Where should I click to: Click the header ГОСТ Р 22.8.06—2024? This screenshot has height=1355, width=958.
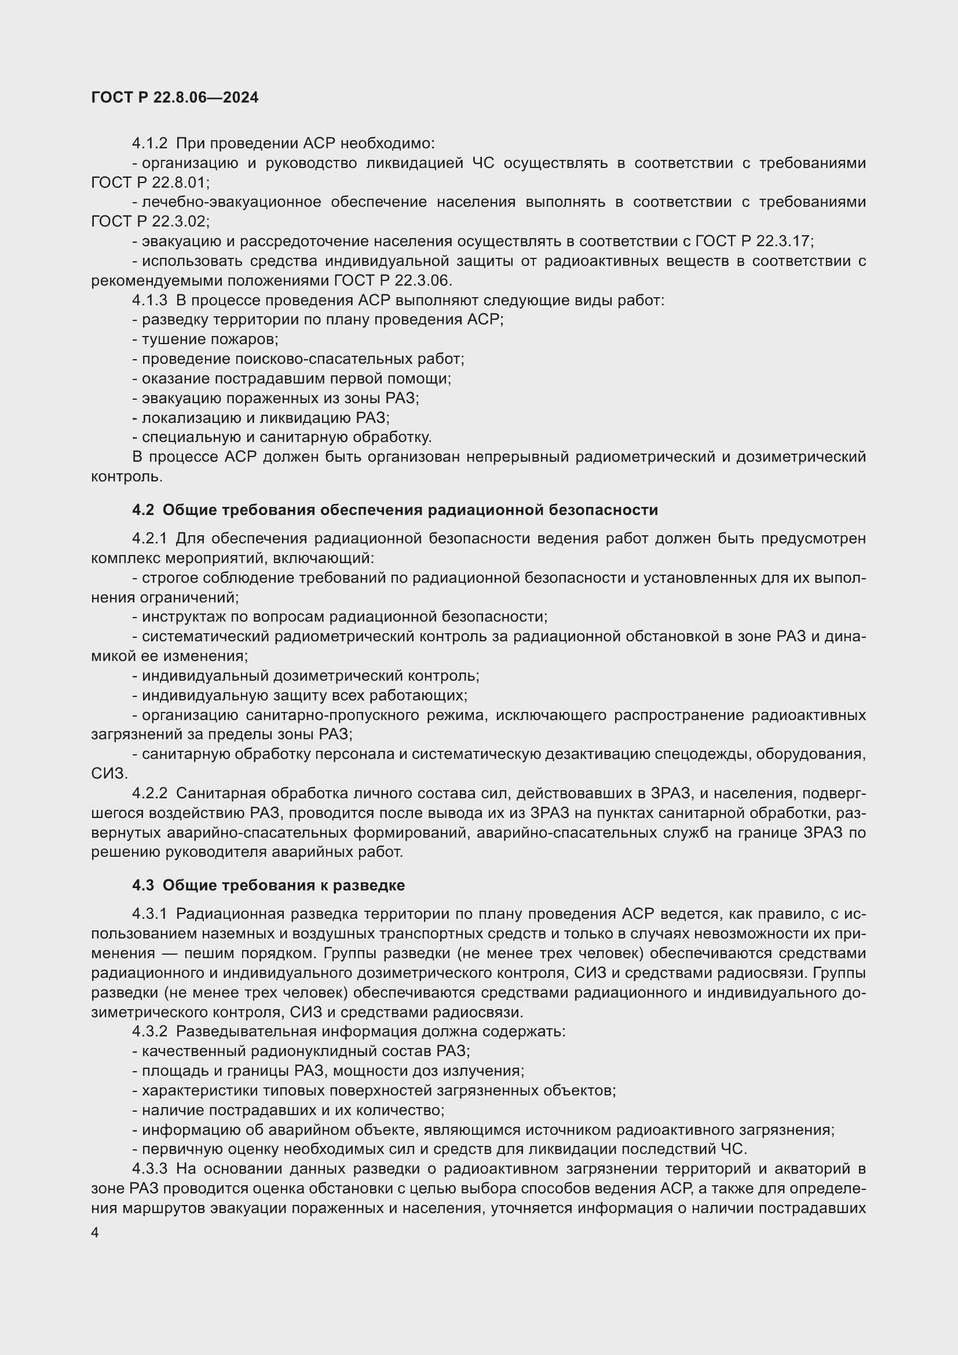[x=174, y=97]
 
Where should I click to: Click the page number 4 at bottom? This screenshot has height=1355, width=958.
[x=95, y=1233]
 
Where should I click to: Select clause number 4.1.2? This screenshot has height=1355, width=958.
[x=150, y=144]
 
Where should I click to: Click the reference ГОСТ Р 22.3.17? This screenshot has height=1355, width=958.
[x=754, y=241]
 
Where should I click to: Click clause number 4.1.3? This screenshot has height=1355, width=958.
[x=150, y=301]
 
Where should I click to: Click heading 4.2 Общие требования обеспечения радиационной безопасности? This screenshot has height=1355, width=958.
[x=394, y=510]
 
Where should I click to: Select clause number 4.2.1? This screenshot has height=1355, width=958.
[x=150, y=538]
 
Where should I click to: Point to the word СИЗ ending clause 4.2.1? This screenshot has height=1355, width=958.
[x=108, y=773]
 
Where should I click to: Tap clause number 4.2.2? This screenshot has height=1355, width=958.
[x=150, y=793]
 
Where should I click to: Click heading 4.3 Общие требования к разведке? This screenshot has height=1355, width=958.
[x=268, y=885]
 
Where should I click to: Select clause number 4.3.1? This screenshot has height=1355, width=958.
[x=150, y=914]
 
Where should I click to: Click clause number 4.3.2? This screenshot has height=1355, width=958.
[x=150, y=1032]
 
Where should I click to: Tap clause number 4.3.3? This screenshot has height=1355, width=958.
[x=150, y=1168]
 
